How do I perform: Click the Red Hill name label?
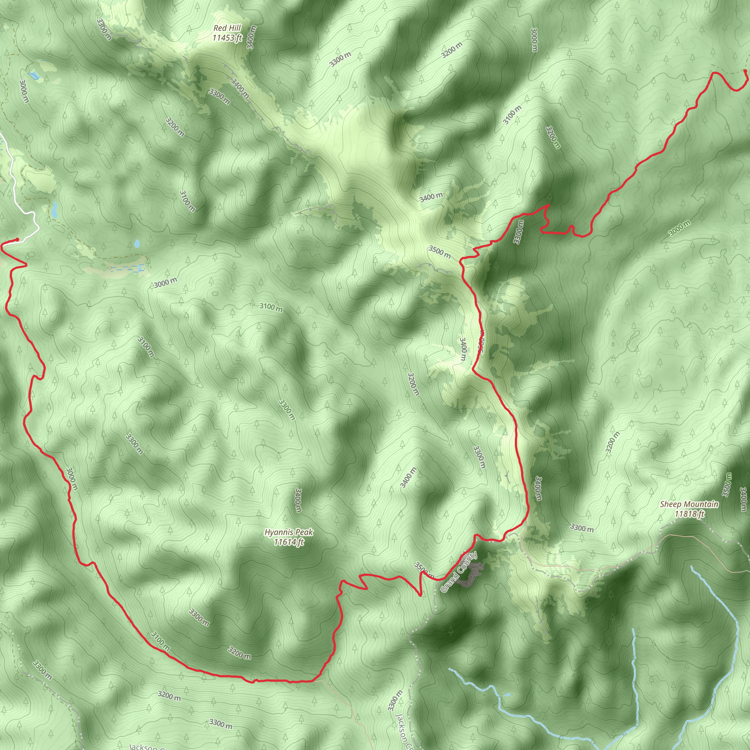point(227,28)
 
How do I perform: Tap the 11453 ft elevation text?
point(227,38)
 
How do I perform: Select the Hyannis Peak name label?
point(289,532)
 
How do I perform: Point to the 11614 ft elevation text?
point(289,542)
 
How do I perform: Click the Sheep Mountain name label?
point(689,504)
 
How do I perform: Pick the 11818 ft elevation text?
point(689,514)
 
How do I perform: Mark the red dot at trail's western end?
point(17,240)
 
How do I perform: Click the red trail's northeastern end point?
point(745,71)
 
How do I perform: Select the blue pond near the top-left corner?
point(34,75)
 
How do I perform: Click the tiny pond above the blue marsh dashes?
point(137,244)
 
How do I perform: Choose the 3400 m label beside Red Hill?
point(251,37)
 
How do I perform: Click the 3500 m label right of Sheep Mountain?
point(726,484)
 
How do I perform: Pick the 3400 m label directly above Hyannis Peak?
point(298,500)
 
